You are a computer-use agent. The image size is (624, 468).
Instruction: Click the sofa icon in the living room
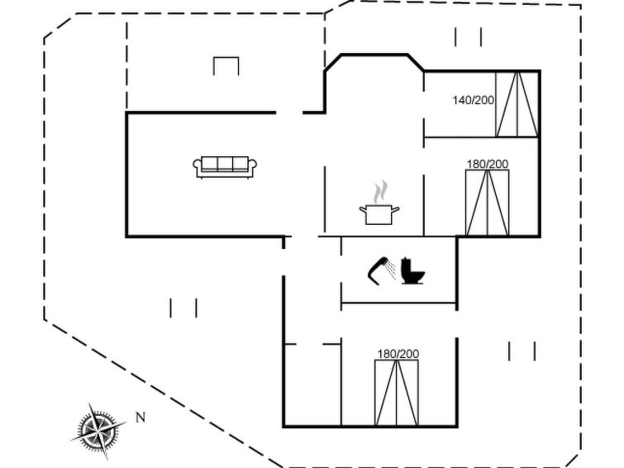click(225, 167)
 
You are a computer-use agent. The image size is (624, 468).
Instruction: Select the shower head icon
click(378, 271)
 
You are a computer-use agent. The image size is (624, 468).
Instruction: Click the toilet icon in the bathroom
click(412, 271)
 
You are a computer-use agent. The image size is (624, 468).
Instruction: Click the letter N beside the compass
click(141, 418)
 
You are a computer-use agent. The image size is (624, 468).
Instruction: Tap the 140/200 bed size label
click(474, 100)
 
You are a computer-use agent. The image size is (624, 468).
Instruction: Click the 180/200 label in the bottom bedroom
click(398, 354)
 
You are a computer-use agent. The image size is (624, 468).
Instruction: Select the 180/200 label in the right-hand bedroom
click(488, 164)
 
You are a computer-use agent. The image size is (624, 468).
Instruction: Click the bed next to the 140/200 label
click(517, 104)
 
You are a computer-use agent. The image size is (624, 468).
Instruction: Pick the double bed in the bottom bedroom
click(397, 393)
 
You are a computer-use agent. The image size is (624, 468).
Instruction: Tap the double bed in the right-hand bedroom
click(488, 203)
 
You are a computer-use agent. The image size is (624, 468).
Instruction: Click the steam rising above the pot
click(380, 191)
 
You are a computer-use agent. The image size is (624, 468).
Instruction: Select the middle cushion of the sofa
click(225, 164)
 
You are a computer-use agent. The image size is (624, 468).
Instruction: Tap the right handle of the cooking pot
click(396, 209)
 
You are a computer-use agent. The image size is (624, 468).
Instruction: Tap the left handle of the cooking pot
click(363, 209)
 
